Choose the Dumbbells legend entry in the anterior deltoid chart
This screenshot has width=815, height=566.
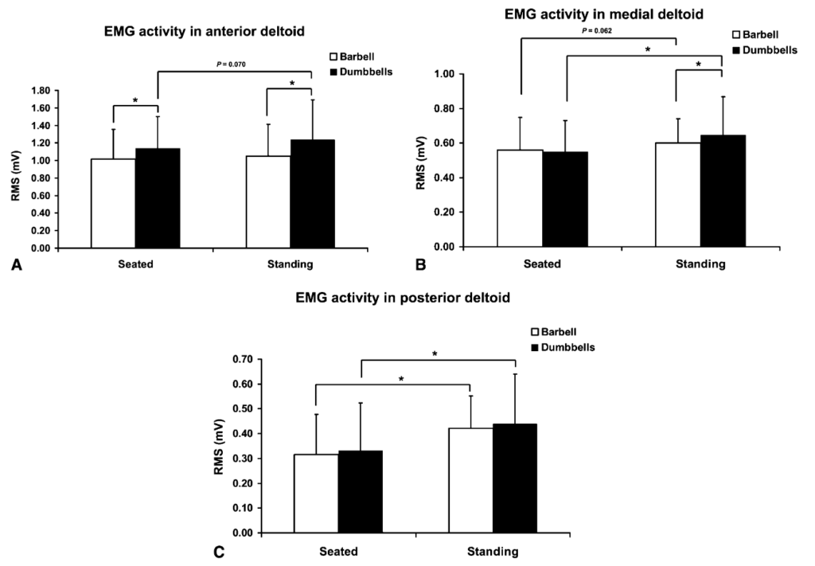click(362, 72)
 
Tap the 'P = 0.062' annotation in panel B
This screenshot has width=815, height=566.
click(596, 31)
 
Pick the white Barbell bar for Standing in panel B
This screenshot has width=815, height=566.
click(678, 194)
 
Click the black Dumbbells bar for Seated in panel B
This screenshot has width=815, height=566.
click(565, 199)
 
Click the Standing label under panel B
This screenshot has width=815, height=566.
click(700, 264)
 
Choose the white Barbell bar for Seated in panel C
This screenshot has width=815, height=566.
click(316, 493)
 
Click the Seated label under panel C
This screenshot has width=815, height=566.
click(338, 551)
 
